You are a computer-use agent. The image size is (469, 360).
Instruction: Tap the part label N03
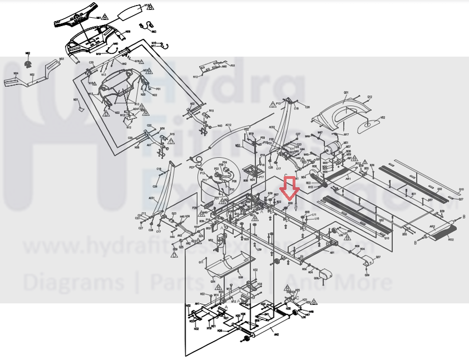coord(61,58)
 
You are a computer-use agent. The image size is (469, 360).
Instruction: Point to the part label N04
coord(16,73)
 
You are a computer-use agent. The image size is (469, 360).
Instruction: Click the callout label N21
coord(76,100)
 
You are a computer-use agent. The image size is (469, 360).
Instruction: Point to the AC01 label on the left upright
coord(152,198)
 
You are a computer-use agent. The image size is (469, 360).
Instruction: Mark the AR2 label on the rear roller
coord(432,227)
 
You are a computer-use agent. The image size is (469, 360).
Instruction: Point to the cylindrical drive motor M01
coord(333,147)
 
